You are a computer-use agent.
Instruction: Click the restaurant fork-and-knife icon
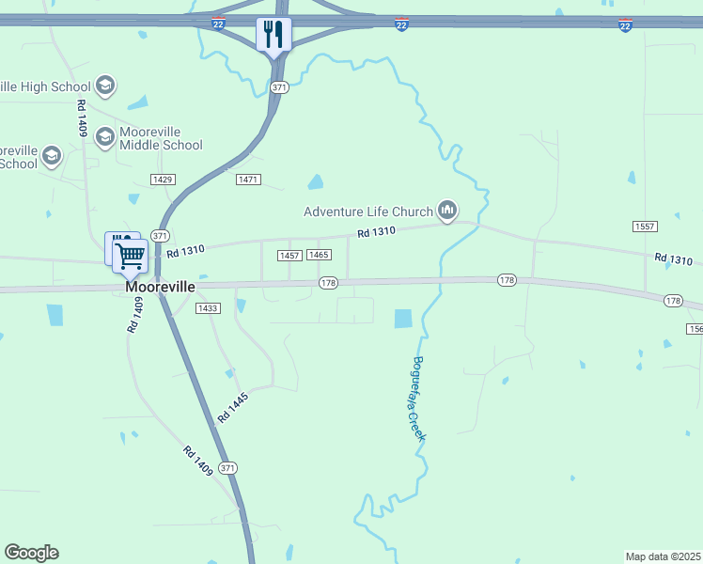pyautogui.click(x=274, y=35)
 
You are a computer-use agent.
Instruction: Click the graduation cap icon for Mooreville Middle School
pyautogui.click(x=104, y=137)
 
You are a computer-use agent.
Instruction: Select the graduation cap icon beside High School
pyautogui.click(x=105, y=86)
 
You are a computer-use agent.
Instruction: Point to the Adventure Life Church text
pyautogui.click(x=367, y=211)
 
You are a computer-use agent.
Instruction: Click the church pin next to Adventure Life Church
pyautogui.click(x=447, y=210)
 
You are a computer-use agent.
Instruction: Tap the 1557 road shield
pyautogui.click(x=645, y=227)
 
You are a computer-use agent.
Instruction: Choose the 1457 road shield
pyautogui.click(x=289, y=256)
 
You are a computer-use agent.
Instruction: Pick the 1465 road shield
pyautogui.click(x=319, y=256)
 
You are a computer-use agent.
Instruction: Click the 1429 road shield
pyautogui.click(x=163, y=179)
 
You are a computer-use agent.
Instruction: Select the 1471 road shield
pyautogui.click(x=248, y=179)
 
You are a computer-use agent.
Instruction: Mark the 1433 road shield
pyautogui.click(x=208, y=308)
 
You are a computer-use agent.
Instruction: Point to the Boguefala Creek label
pyautogui.click(x=419, y=399)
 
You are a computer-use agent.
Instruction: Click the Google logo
pyautogui.click(x=31, y=553)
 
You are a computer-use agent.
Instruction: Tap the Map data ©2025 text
pyautogui.click(x=664, y=556)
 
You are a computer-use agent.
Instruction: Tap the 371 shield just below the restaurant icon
pyautogui.click(x=278, y=87)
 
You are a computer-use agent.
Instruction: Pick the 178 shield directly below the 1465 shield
pyautogui.click(x=327, y=282)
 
